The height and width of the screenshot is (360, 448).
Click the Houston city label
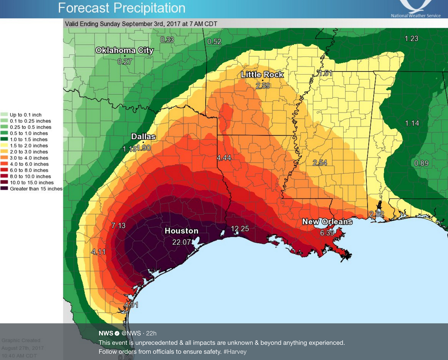[x=181, y=231]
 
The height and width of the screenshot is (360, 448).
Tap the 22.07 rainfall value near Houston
[x=181, y=242]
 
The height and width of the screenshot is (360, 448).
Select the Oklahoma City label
[x=124, y=50]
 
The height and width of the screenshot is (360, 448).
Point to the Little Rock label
[x=262, y=74]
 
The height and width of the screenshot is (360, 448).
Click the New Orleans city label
[x=327, y=222]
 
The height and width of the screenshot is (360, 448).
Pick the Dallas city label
[x=143, y=137]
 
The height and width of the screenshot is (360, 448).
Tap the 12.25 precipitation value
[x=240, y=229]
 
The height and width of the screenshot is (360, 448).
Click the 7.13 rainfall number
[x=118, y=225]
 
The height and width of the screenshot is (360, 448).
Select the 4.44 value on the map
[x=224, y=158]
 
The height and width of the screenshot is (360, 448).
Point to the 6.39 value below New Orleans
[x=327, y=233]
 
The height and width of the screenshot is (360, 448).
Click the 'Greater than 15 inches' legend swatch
[x=4, y=189]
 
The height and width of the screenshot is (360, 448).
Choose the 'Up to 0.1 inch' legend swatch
[x=4, y=115]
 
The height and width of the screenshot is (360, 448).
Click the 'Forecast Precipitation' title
[x=122, y=8]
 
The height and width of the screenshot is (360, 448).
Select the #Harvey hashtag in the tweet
[x=235, y=352]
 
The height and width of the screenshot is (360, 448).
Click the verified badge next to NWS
[x=117, y=333]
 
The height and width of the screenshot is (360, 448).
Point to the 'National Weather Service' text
[x=416, y=16]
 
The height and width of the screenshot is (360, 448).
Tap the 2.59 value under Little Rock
[x=263, y=86]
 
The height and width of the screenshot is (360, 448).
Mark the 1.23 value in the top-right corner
[x=411, y=39]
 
